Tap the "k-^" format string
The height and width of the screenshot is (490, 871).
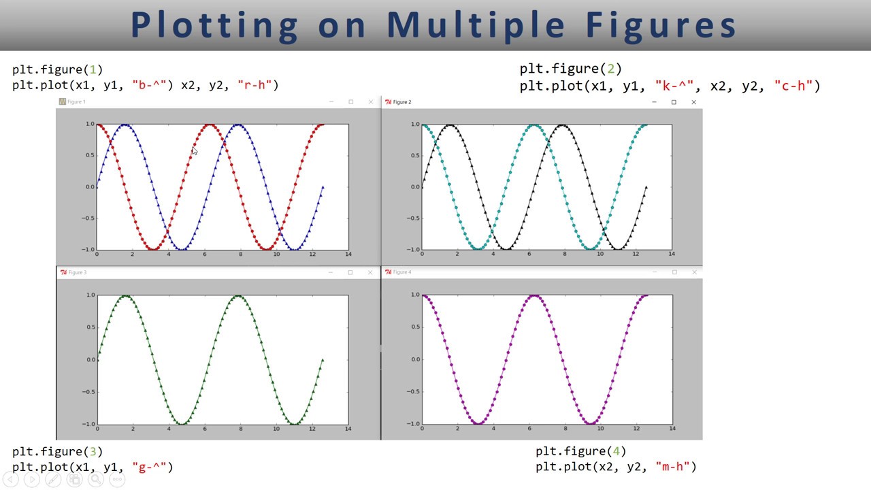[674, 86]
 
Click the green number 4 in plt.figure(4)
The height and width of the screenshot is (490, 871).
[616, 451]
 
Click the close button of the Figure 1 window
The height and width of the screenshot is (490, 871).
[371, 102]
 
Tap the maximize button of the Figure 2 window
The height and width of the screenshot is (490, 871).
[674, 102]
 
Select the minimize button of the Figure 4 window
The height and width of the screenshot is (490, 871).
[654, 272]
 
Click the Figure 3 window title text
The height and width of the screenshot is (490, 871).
[77, 272]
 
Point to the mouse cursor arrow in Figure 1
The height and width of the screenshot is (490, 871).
[194, 151]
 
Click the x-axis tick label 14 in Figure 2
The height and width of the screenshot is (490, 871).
[672, 254]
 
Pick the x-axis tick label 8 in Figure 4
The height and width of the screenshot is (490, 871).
[565, 428]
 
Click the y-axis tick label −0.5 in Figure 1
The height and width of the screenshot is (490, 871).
[88, 218]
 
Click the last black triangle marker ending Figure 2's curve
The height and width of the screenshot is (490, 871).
[646, 187]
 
